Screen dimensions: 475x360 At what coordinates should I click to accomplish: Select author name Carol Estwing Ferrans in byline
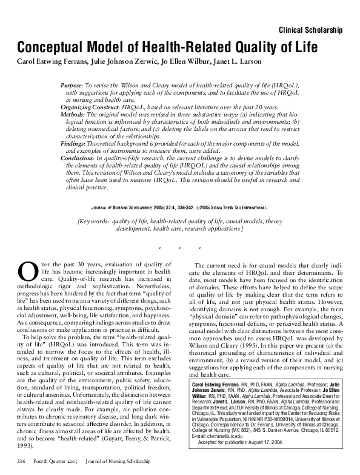coord(50,62)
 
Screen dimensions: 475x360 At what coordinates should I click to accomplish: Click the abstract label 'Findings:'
coord(75,141)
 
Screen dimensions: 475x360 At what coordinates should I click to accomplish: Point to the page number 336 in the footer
coord(21,470)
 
